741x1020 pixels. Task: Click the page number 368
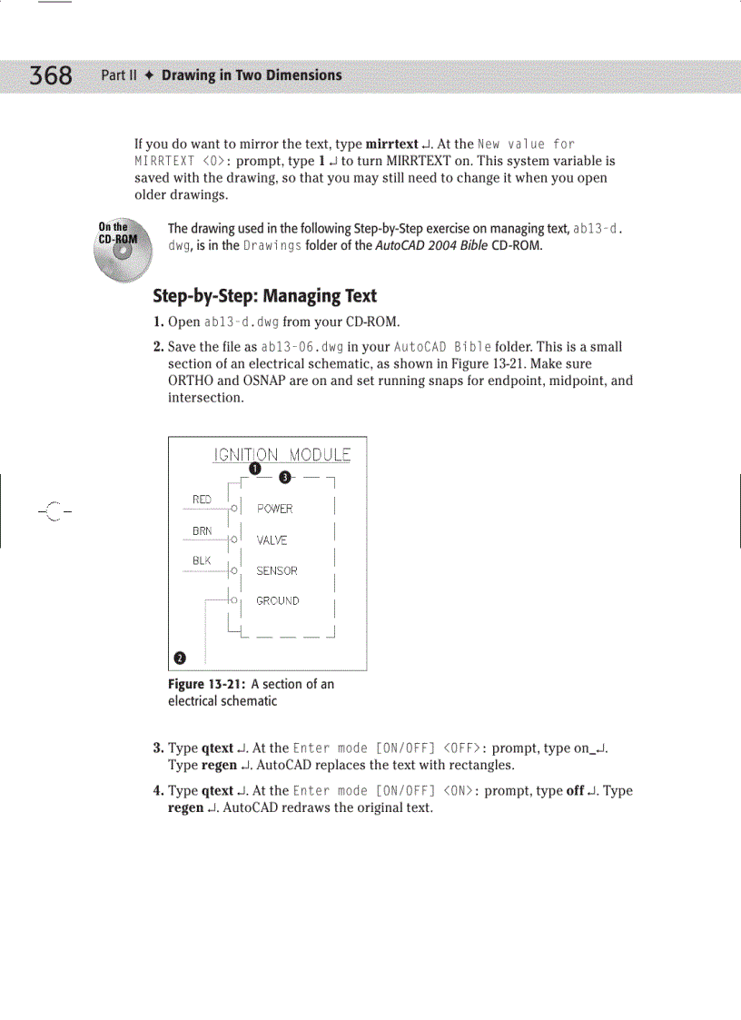pos(51,75)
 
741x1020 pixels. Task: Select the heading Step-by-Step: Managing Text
pos(264,296)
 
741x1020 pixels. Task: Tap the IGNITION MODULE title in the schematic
pos(282,455)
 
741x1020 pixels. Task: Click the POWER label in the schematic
pos(274,509)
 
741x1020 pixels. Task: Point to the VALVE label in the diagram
pos(272,540)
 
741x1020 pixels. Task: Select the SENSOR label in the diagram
pos(276,571)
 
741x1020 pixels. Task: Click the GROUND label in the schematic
pos(277,601)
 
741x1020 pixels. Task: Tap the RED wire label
pos(202,500)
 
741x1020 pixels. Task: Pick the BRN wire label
pos(202,530)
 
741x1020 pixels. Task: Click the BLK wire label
pos(202,561)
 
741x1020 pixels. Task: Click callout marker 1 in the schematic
pos(255,469)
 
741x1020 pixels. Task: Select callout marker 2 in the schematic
pos(180,657)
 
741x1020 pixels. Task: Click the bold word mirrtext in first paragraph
pos(390,144)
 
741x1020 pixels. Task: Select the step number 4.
pos(158,791)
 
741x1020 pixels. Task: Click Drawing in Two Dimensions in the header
pos(252,75)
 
